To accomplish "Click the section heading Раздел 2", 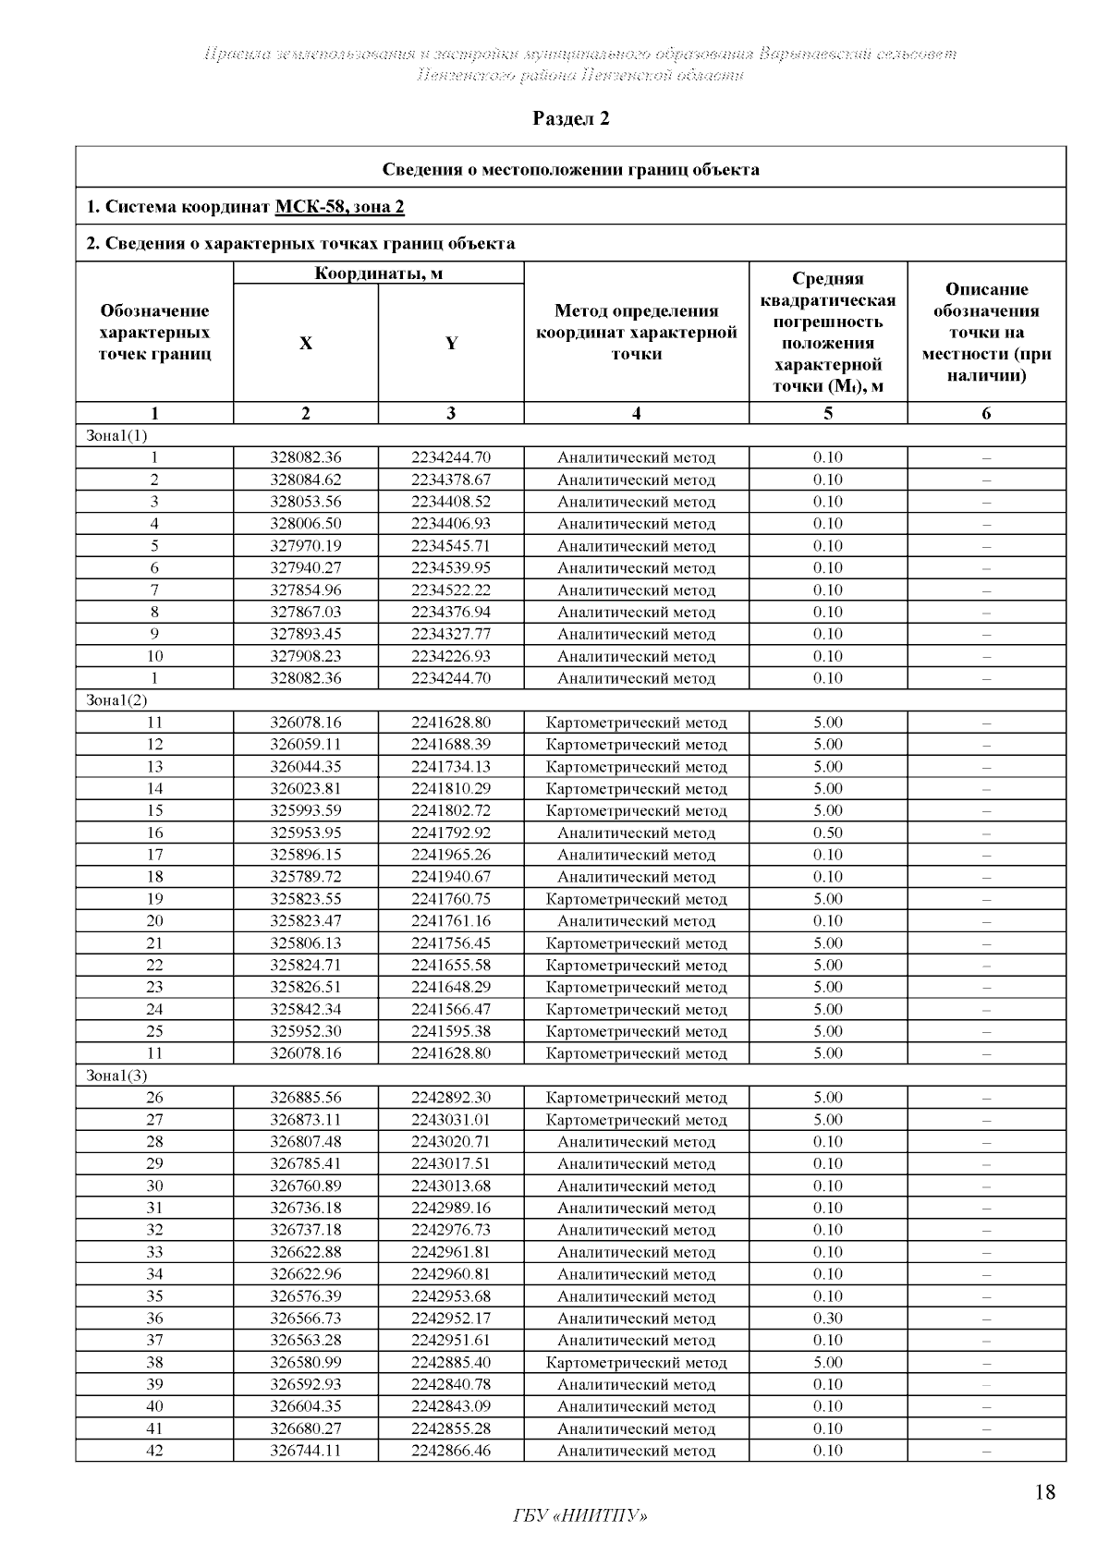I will pyautogui.click(x=571, y=119).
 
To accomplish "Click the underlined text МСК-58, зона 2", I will pyautogui.click(x=339, y=207).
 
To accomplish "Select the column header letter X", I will pyautogui.click(x=306, y=344).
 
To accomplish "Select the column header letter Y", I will pyautogui.click(x=451, y=344).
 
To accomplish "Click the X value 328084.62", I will pyautogui.click(x=306, y=480).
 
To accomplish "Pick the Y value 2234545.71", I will pyautogui.click(x=451, y=546).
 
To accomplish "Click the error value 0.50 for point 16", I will pyautogui.click(x=828, y=833).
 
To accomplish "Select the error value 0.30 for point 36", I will pyautogui.click(x=828, y=1319).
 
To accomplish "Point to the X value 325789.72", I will pyautogui.click(x=306, y=877).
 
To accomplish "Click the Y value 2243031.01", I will pyautogui.click(x=451, y=1120).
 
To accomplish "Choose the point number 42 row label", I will pyautogui.click(x=154, y=1451).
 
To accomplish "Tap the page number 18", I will pyautogui.click(x=1045, y=1492).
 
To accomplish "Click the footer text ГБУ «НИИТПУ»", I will pyautogui.click(x=579, y=1516).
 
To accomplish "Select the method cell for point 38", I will pyautogui.click(x=637, y=1363).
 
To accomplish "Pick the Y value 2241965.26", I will pyautogui.click(x=451, y=855).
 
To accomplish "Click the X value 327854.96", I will pyautogui.click(x=306, y=590).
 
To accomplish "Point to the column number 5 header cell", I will pyautogui.click(x=828, y=414).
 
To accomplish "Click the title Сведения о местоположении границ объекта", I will pyautogui.click(x=571, y=169).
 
